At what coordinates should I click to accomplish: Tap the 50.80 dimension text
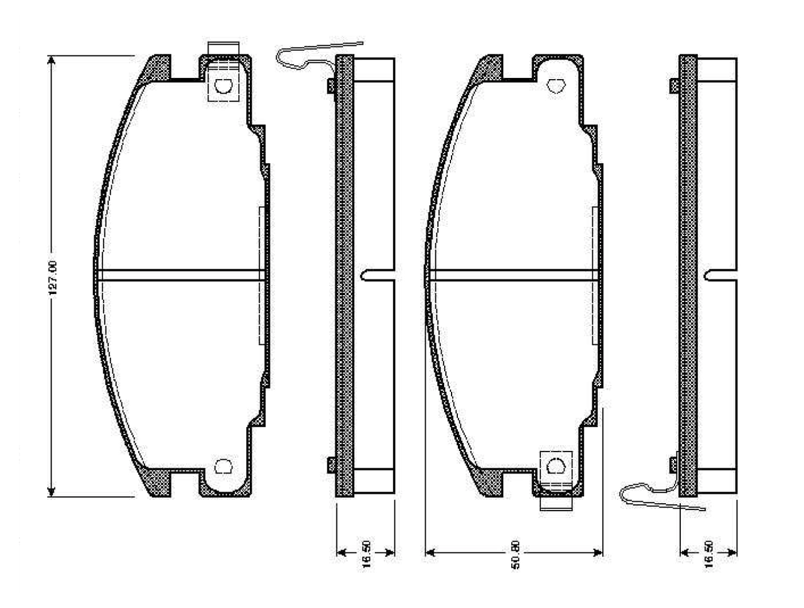(x=515, y=555)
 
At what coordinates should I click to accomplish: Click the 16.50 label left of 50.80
(x=366, y=554)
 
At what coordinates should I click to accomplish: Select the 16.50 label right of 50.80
(x=709, y=554)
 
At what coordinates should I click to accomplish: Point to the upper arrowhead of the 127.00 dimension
(x=52, y=60)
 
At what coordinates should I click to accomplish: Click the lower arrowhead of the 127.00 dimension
(x=52, y=492)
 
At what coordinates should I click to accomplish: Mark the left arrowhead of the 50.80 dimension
(x=430, y=552)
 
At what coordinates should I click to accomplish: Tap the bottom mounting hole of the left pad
(x=223, y=466)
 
